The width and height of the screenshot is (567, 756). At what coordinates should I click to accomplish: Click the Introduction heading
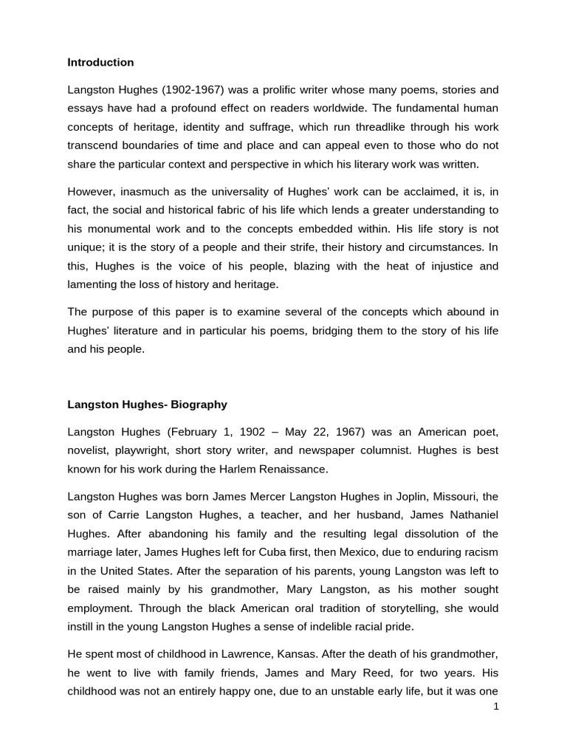coord(100,63)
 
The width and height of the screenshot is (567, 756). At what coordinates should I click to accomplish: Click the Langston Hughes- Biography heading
coord(148,405)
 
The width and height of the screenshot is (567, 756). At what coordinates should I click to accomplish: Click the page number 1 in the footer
coord(496,707)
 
